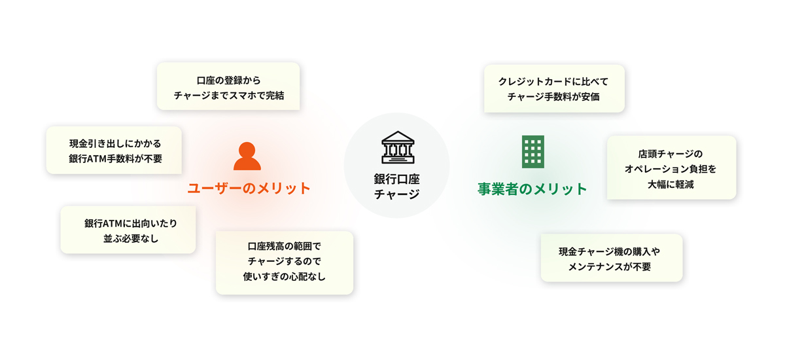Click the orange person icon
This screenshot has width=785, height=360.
(247, 156)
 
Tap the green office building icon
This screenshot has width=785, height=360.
(533, 152)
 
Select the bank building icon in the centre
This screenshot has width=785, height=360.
(398, 147)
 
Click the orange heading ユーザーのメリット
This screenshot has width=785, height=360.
(249, 189)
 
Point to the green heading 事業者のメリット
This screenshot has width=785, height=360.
(532, 189)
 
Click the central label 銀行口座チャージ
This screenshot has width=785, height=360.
(396, 187)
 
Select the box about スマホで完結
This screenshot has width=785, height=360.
(228, 86)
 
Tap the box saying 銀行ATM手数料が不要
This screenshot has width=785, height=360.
(114, 151)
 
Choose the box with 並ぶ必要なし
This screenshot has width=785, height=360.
(128, 230)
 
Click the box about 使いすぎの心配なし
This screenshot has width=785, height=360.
(285, 263)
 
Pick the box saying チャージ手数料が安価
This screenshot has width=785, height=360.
(555, 88)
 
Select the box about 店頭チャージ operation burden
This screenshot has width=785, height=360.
(671, 168)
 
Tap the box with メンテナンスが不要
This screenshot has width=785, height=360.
(612, 258)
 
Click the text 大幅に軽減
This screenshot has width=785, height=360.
(671, 185)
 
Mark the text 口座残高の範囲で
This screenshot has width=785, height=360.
(284, 246)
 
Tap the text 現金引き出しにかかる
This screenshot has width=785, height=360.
(115, 144)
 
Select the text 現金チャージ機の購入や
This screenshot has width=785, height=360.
(610, 251)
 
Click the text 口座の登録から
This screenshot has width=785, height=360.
(228, 81)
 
